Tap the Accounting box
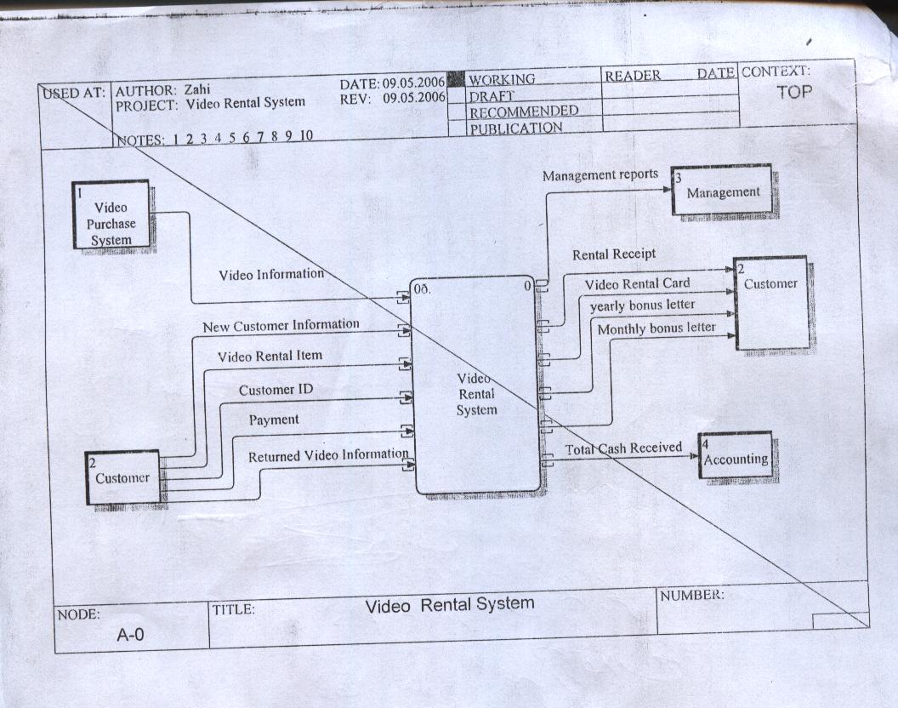(x=736, y=455)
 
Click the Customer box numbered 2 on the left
(x=122, y=477)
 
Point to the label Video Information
(x=271, y=275)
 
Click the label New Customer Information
(x=281, y=325)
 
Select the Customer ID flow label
(x=276, y=390)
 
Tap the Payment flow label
(x=274, y=420)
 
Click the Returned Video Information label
(x=328, y=456)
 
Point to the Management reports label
(x=600, y=174)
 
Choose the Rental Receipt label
(x=614, y=254)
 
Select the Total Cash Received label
(x=623, y=448)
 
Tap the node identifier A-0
(x=131, y=634)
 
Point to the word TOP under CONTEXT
(x=794, y=93)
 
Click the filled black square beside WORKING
(x=455, y=79)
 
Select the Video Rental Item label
(x=270, y=357)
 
